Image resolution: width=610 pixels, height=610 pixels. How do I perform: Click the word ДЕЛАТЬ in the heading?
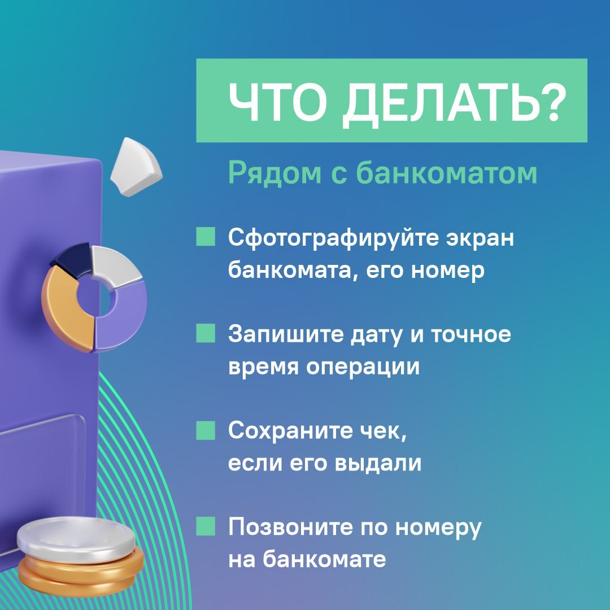[x=441, y=104]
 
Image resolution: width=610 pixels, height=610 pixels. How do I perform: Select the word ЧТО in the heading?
[x=278, y=102]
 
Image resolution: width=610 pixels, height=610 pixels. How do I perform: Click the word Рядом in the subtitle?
[x=274, y=173]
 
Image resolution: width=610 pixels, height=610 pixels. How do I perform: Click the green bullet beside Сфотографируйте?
[x=206, y=237]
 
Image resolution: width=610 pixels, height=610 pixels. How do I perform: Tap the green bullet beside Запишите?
[x=206, y=333]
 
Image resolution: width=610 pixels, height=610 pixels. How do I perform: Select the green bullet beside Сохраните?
[x=206, y=430]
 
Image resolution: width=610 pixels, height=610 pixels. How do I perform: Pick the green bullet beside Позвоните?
[x=206, y=526]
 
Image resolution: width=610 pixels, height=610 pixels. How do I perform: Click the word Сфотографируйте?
[x=333, y=238]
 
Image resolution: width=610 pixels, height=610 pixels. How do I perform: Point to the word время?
[x=263, y=367]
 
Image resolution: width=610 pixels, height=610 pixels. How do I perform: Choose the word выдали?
[x=378, y=463]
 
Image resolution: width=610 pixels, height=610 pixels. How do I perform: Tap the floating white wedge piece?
[x=136, y=167]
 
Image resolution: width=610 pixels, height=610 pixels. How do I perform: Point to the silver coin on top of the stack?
[x=76, y=539]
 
